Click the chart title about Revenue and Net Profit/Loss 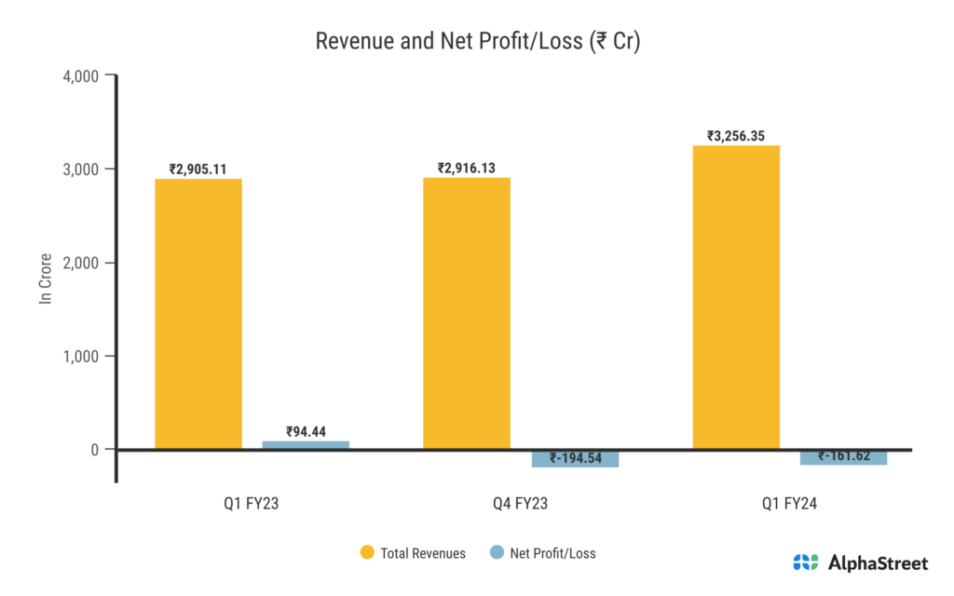pos(477,42)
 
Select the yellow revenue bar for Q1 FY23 pos(198,314)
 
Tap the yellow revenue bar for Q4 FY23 pos(467,313)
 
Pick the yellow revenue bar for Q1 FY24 pos(736,297)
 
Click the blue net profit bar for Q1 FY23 pos(306,445)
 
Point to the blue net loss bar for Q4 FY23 pos(575,458)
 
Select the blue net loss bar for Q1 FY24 pos(843,456)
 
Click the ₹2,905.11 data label pos(198,169)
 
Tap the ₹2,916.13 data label pos(467,169)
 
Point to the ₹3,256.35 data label pos(736,137)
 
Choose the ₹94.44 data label pos(306,431)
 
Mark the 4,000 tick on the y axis pos(80,75)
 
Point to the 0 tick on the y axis pos(94,450)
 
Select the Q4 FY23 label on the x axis pos(520,505)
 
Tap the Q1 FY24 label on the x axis pos(789,505)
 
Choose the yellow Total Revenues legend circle pos(367,553)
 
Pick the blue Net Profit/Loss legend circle pos(497,553)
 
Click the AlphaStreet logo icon pos(805,562)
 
